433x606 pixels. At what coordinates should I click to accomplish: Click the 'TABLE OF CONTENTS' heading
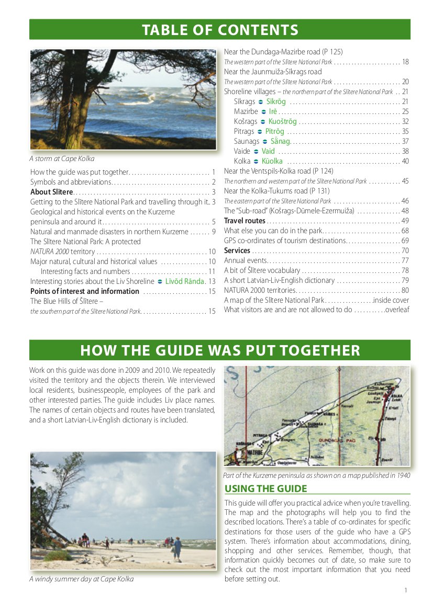[220, 30]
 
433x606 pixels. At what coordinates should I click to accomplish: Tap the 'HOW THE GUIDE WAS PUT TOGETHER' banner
[220, 350]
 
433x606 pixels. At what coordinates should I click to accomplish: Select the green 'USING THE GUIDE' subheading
[265, 489]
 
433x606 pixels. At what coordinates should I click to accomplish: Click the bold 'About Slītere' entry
[51, 192]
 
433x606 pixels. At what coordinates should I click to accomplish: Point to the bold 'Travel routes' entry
[245, 221]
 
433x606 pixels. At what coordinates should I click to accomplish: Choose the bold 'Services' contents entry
[237, 250]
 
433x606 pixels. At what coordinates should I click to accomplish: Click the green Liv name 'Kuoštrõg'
[282, 121]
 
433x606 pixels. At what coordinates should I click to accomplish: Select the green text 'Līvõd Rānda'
[184, 281]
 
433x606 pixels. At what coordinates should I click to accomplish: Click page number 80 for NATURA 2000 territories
[405, 290]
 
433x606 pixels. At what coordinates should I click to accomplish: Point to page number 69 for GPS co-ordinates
[405, 241]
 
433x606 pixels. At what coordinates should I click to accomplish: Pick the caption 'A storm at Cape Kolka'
[62, 159]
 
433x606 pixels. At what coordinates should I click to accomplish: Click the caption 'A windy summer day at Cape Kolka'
[81, 579]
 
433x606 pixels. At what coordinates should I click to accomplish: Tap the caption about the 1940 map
[316, 476]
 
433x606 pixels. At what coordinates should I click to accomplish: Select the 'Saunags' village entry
[247, 141]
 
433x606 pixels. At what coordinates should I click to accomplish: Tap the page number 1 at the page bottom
[406, 590]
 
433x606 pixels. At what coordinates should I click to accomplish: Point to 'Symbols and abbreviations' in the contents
[71, 182]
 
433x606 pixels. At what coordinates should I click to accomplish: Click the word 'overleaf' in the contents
[397, 310]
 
